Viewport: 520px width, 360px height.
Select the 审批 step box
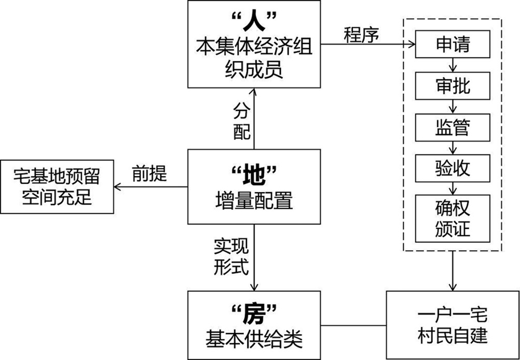pos(453,85)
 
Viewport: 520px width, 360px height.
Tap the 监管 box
pos(453,127)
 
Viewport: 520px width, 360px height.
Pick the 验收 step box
pos(453,168)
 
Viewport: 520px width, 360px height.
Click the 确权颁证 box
pos(453,217)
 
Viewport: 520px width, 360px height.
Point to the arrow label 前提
pos(150,174)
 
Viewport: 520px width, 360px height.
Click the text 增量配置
pos(254,200)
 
